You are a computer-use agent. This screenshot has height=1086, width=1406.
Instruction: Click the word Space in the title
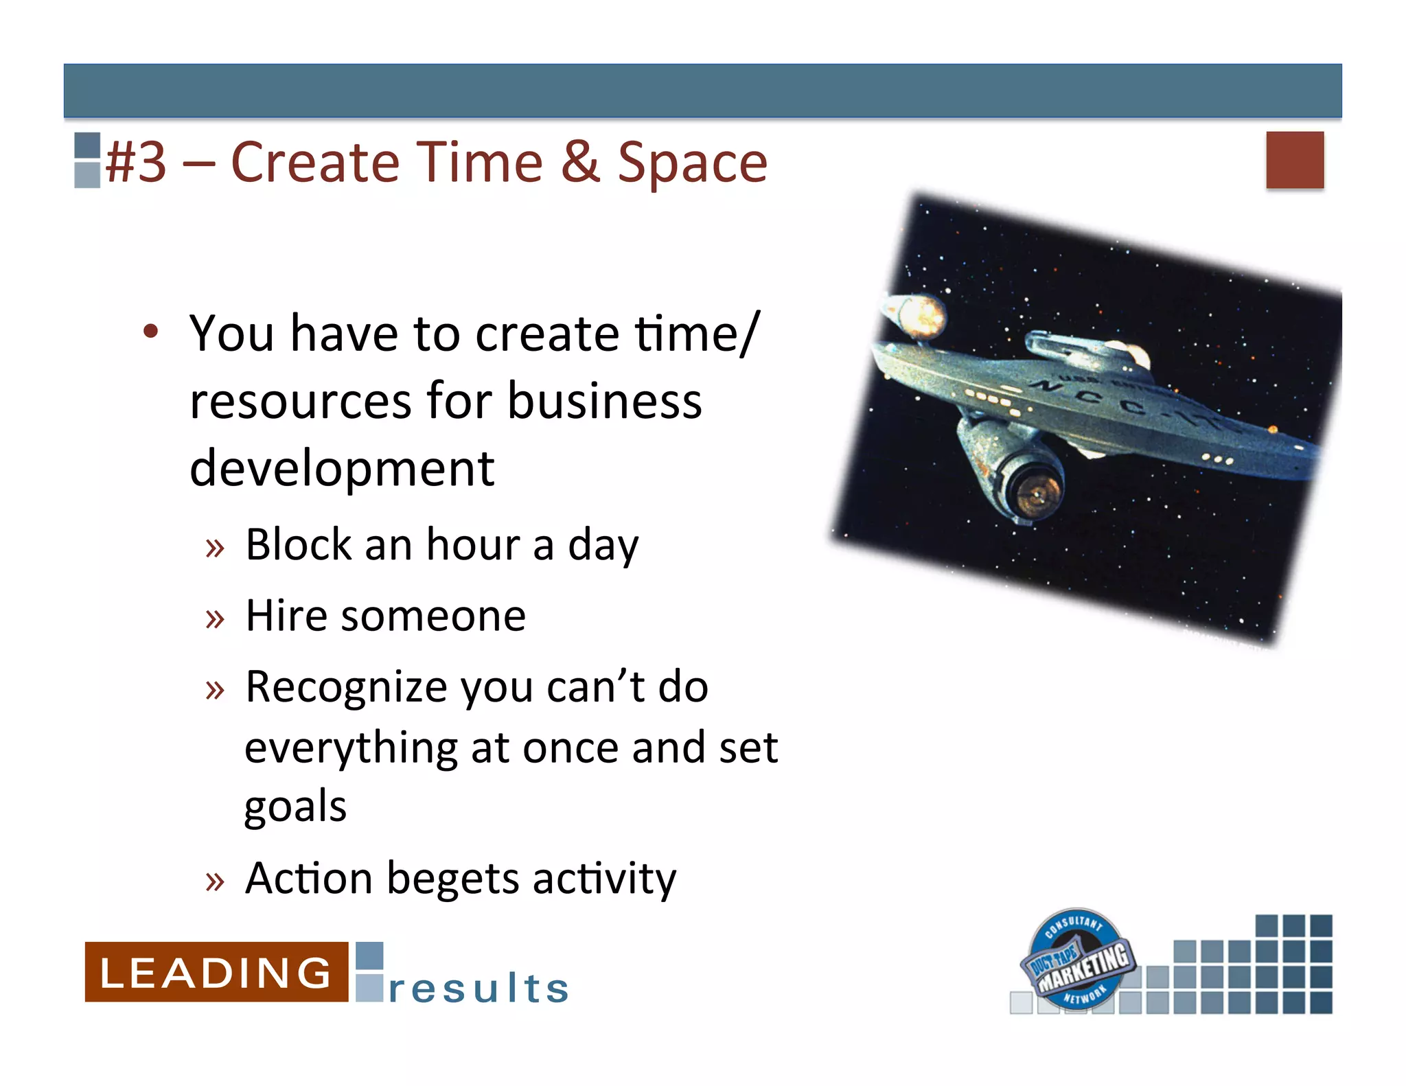point(692,163)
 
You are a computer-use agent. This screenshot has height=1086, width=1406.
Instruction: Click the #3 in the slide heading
point(137,163)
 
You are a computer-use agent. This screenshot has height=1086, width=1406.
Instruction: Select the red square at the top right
point(1295,160)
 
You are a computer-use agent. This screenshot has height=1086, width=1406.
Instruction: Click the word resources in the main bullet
point(297,402)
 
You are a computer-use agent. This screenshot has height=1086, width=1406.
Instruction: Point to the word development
point(342,469)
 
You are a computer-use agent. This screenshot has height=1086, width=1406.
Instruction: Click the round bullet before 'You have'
point(151,332)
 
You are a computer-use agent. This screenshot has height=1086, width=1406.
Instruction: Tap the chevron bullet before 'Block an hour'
point(215,548)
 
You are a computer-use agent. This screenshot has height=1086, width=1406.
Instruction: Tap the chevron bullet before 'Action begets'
point(215,881)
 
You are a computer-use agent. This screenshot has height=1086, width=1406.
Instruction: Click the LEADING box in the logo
point(216,972)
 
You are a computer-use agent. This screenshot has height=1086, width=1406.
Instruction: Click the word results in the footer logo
point(479,989)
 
